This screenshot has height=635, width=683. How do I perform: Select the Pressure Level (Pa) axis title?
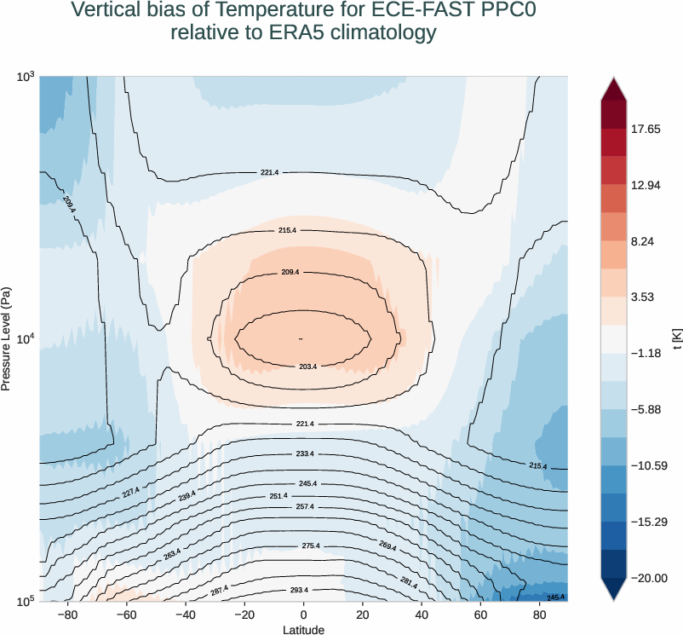point(6,338)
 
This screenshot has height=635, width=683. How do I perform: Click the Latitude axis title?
point(303,630)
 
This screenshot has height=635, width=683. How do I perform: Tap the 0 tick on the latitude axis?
point(303,615)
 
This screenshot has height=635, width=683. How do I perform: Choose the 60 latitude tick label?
point(480,615)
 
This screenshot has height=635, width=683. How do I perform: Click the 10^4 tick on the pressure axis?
point(26,338)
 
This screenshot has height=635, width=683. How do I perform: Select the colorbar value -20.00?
point(649,578)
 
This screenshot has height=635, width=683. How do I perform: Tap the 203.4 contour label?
point(308,367)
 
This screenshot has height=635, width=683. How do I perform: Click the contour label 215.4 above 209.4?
point(287,231)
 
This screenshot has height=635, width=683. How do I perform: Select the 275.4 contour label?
point(310,546)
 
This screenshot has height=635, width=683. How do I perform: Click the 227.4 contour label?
point(131,492)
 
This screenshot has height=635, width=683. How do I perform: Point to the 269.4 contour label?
point(387,548)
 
